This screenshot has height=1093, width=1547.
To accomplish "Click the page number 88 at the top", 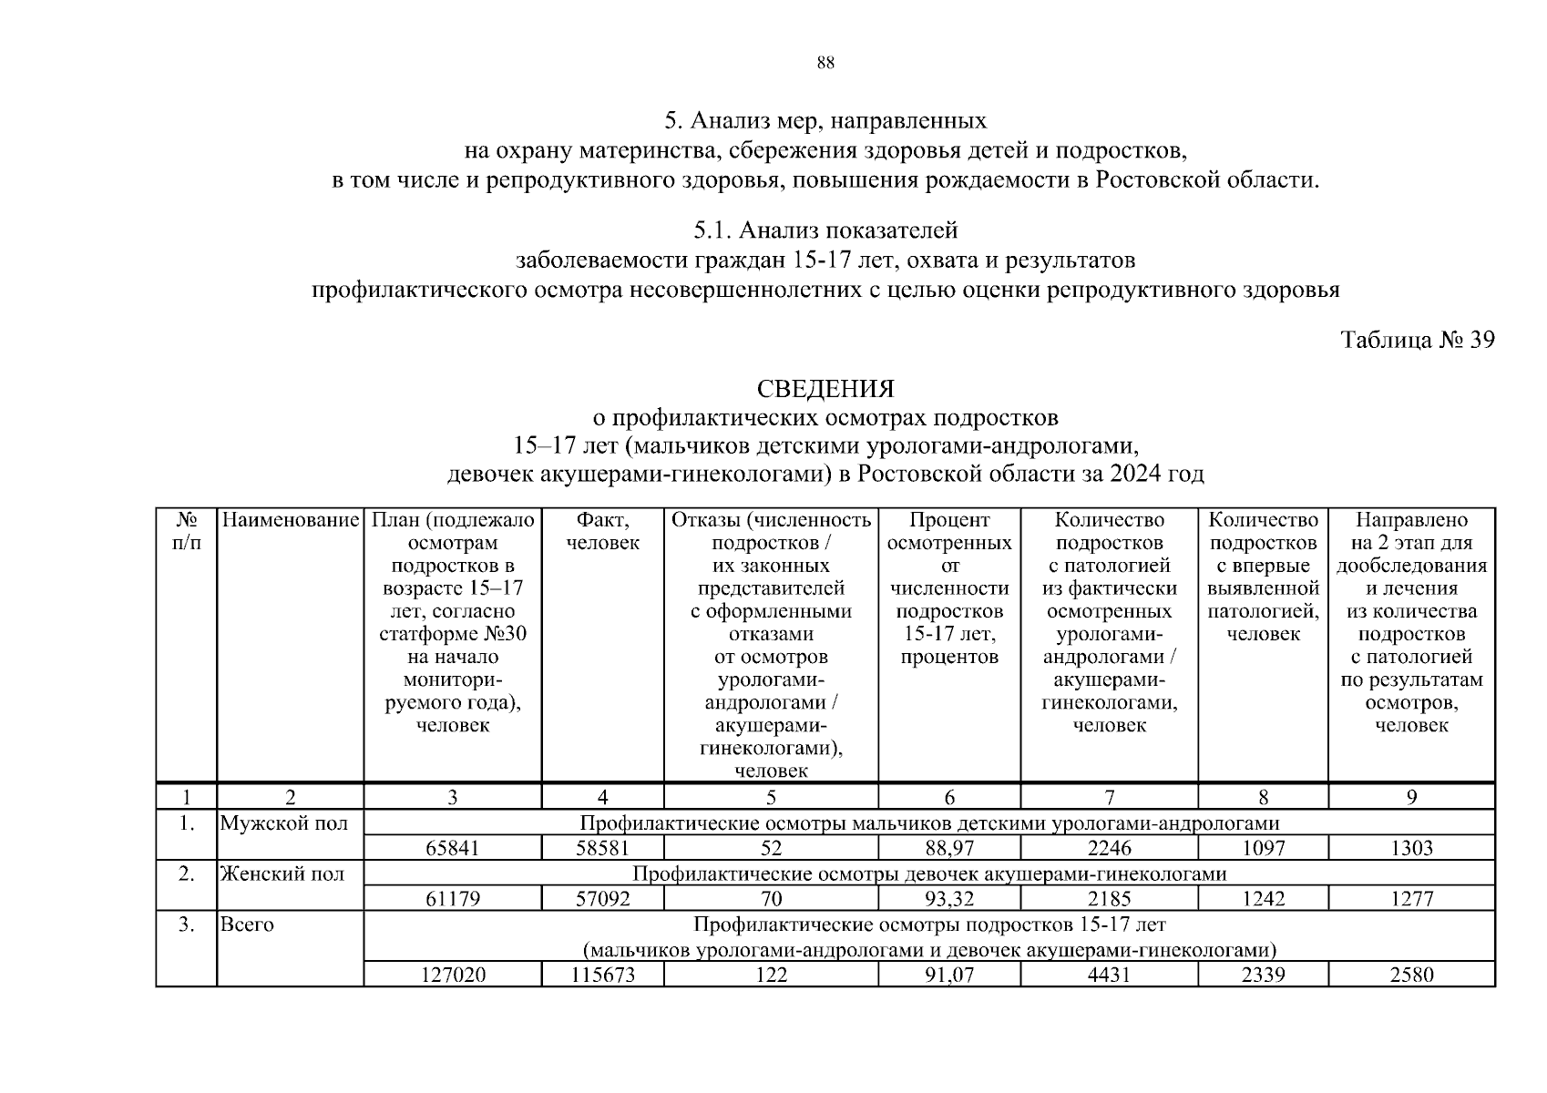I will tap(825, 63).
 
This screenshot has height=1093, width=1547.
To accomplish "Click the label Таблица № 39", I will tap(1417, 340).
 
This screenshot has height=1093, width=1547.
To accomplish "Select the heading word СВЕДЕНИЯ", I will tap(825, 389).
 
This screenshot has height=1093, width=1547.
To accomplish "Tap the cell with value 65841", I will tap(452, 848).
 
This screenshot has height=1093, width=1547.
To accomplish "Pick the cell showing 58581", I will tap(602, 848).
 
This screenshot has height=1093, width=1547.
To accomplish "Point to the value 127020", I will tap(452, 975).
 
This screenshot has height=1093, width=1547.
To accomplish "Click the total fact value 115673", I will tap(602, 975).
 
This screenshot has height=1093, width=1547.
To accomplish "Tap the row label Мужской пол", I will tap(283, 823).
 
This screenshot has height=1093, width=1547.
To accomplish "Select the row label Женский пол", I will tap(282, 874).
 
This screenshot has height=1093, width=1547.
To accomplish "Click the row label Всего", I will tap(247, 924).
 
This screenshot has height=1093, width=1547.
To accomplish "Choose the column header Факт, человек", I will tap(602, 531).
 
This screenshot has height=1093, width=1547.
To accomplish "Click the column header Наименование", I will tap(290, 520).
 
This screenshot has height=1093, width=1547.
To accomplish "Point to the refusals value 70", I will tap(771, 899).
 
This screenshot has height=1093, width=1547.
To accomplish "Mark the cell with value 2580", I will tap(1411, 975).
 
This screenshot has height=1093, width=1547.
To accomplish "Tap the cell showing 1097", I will tap(1263, 848).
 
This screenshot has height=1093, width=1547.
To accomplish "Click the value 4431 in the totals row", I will tap(1109, 975).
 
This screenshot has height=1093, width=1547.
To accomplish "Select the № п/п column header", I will tap(186, 531).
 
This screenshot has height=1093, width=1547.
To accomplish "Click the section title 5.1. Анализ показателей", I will tap(825, 231).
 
